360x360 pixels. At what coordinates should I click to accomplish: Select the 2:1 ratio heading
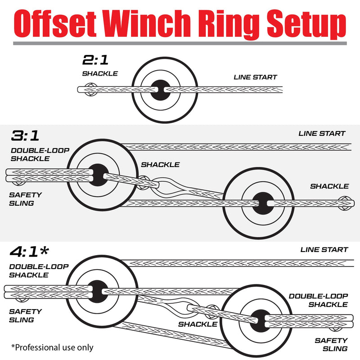[x=95, y=60]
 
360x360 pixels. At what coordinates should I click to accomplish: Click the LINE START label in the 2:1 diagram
[x=255, y=77]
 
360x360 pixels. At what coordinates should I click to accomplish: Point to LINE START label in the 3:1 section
[x=322, y=134]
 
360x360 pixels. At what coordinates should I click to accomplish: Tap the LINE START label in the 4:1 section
[x=324, y=250]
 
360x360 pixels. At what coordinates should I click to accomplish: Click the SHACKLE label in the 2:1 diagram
[x=100, y=73]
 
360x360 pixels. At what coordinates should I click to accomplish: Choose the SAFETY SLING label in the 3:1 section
[x=25, y=199]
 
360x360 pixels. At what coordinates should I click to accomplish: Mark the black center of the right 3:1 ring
[x=262, y=203]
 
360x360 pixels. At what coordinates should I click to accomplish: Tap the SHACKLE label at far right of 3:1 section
[x=329, y=186]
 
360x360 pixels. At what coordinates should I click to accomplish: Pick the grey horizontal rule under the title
[x=180, y=43]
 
